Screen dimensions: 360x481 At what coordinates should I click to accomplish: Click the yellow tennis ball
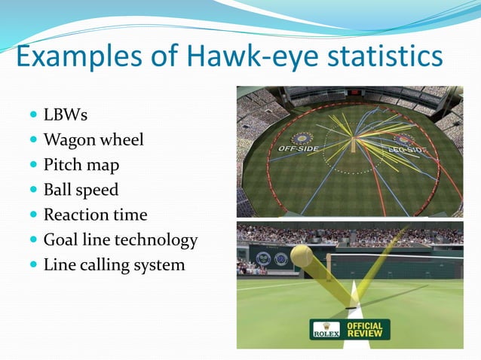[302, 258]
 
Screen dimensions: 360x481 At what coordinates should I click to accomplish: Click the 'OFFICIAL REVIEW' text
[365, 329]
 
